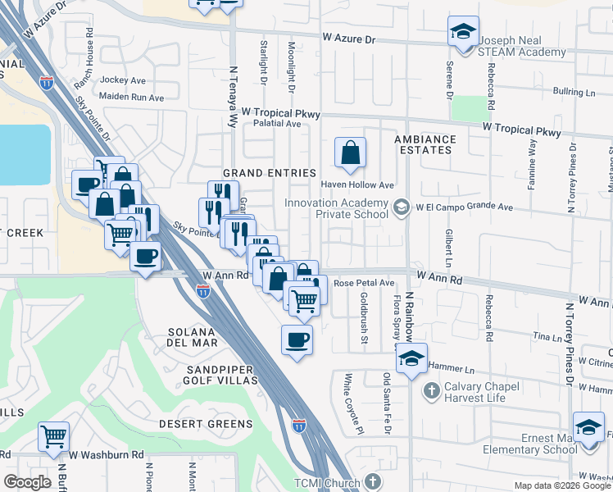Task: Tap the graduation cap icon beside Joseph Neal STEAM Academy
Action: coord(463,33)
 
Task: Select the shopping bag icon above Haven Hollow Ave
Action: coord(350,153)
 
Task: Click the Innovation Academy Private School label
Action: coord(336,209)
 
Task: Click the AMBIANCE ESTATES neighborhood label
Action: coord(423,145)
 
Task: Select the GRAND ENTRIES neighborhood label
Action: coord(270,173)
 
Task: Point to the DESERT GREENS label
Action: coord(206,424)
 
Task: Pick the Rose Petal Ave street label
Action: coord(364,283)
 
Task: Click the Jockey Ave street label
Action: coord(123,81)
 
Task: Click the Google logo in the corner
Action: coord(27,482)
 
